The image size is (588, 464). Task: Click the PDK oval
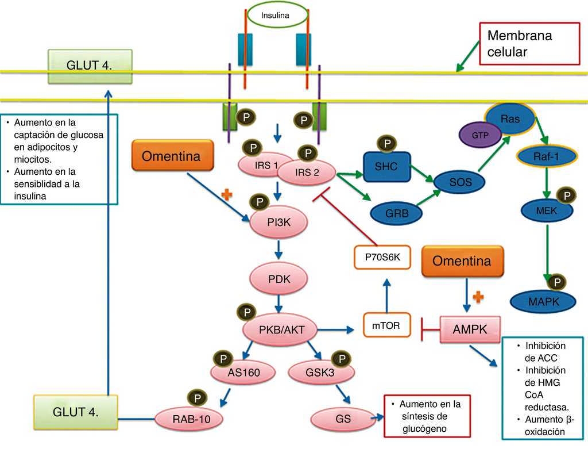279,279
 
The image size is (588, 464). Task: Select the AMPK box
470,329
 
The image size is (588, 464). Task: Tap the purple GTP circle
479,135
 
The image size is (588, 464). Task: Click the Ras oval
509,119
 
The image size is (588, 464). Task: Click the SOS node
460,182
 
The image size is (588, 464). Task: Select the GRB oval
397,212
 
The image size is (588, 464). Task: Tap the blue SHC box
386,167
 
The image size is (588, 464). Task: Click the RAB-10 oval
191,420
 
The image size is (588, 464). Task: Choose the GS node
343,419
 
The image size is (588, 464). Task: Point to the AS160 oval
243,373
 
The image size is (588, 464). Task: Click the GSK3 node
320,373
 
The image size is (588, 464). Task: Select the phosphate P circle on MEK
567,196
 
